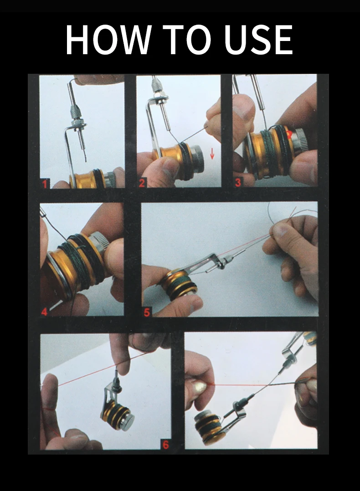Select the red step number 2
tap(142, 183)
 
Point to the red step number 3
tap(238, 182)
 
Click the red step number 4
tap(44, 312)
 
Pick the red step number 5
tap(147, 312)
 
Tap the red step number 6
tap(165, 445)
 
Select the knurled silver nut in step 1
tap(76, 110)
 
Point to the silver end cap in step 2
tap(197, 160)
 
